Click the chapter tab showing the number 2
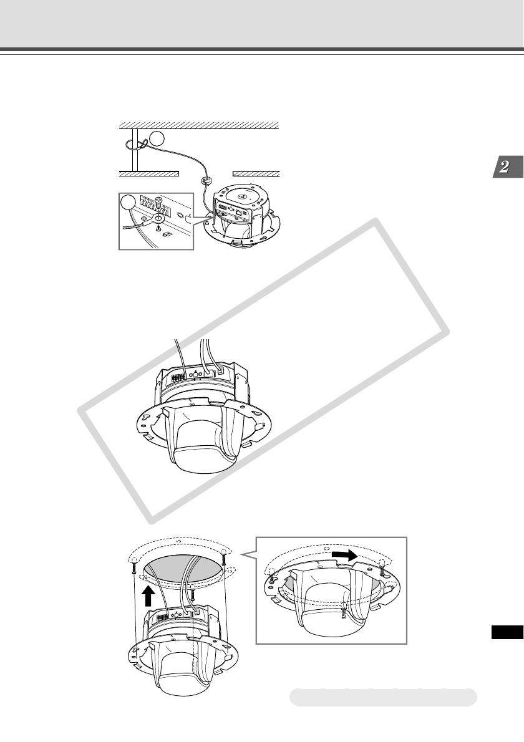pyautogui.click(x=508, y=166)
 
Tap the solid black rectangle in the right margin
pyautogui.click(x=507, y=632)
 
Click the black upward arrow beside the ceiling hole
pyautogui.click(x=148, y=596)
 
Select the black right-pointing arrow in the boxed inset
pyautogui.click(x=344, y=554)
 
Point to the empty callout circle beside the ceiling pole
pyautogui.click(x=157, y=138)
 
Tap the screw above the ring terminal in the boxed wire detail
pyautogui.click(x=160, y=205)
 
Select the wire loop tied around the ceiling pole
pyautogui.click(x=135, y=144)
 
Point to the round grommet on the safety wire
pyautogui.click(x=206, y=180)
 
